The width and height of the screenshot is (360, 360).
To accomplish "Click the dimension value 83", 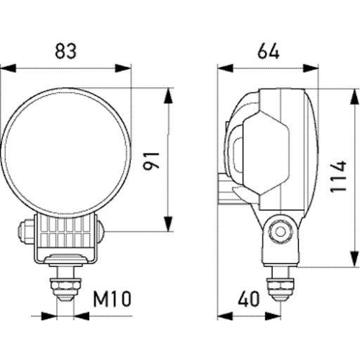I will pos(66,53).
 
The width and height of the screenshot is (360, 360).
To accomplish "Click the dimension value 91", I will pos(152,158).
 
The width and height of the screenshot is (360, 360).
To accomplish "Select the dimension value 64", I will pos(267,53).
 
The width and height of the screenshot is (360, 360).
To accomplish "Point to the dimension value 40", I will pos(248,297).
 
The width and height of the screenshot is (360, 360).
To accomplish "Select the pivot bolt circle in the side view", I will pos(279,231).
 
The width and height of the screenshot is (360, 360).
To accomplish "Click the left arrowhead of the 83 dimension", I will pos(6,70).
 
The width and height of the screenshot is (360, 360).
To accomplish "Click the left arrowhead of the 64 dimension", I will pos(223,70).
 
